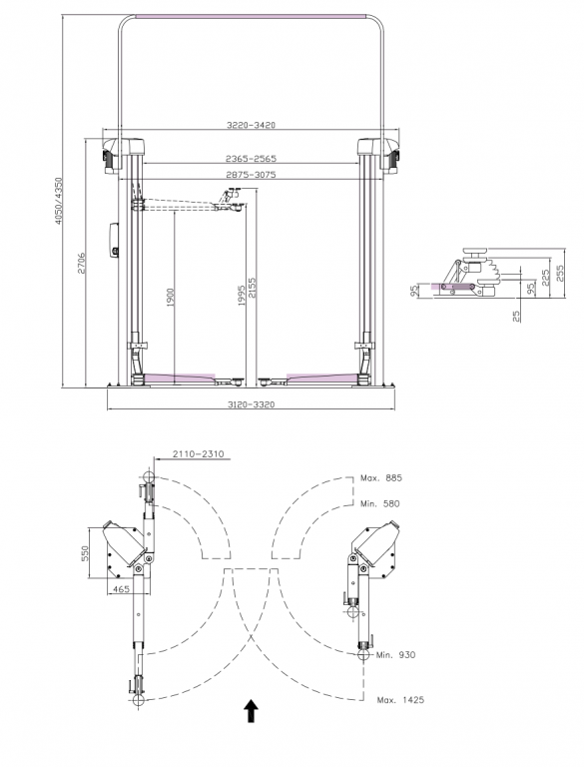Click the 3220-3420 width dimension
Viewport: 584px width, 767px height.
coord(251,125)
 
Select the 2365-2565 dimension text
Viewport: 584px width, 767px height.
coord(251,159)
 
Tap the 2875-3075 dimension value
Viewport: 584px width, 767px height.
coord(251,174)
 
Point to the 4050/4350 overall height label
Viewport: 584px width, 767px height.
coord(59,201)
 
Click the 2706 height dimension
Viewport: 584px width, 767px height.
coord(82,264)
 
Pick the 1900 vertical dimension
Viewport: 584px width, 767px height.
coord(171,298)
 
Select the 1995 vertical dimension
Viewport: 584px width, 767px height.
coord(242,296)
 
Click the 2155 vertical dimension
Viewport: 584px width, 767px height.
coord(252,288)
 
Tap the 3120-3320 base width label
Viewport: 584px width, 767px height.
coord(252,404)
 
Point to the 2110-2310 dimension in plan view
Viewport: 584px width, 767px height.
coord(198,454)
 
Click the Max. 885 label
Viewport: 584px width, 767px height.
coord(381,478)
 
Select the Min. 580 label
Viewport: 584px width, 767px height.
coord(379,503)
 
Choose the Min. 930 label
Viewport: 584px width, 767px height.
coord(395,654)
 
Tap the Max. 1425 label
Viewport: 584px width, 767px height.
coord(400,700)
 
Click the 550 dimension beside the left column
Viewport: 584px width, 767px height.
coord(85,553)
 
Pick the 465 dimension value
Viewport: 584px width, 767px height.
coord(122,589)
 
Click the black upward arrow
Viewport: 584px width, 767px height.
coord(251,711)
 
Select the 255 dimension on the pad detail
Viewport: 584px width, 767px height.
coord(560,272)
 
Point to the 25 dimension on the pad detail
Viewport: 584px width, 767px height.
coord(516,316)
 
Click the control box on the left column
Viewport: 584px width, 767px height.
coord(114,240)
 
